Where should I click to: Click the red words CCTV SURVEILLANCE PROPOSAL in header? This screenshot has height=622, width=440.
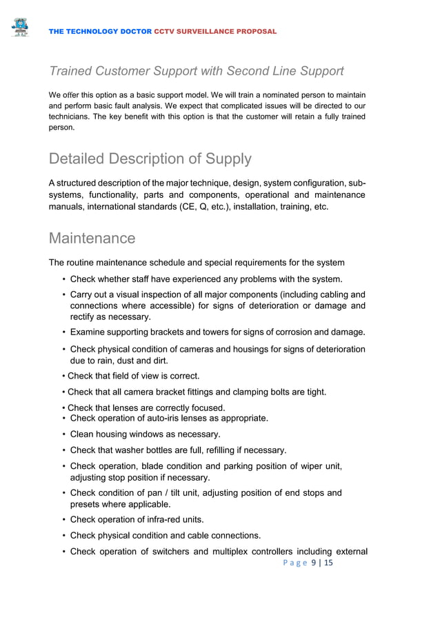pos(215,32)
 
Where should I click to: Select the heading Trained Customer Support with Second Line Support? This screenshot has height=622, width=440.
pos(196,71)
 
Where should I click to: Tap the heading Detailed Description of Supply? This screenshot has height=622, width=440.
pos(150,159)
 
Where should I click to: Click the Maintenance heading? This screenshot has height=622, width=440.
pos(92,239)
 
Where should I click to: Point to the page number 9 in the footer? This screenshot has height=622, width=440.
pos(314,564)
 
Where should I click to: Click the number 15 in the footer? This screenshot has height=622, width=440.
pos(328,564)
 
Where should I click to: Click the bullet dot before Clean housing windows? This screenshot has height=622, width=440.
pos(63,434)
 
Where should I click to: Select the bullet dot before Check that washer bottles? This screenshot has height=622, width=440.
pos(63,451)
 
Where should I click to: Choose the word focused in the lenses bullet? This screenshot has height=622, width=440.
pos(208,408)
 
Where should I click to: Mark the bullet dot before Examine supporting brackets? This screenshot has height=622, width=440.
pos(63,333)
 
